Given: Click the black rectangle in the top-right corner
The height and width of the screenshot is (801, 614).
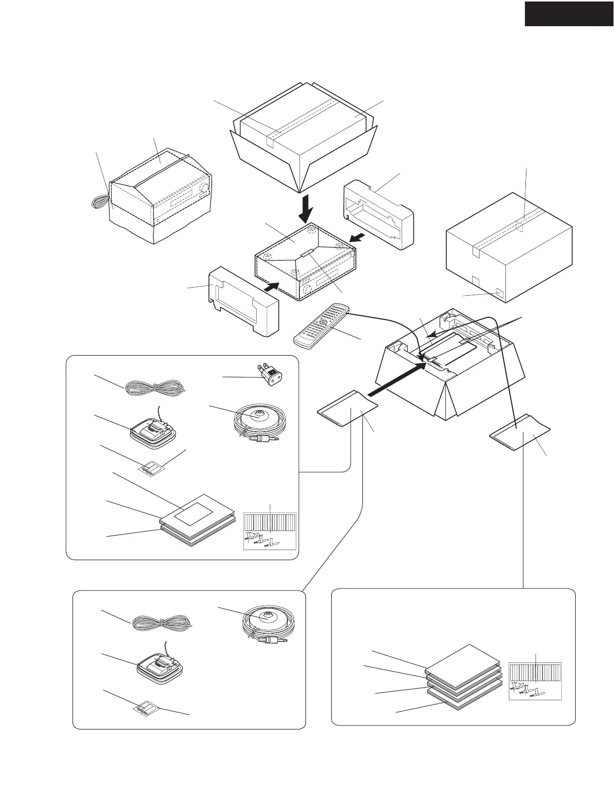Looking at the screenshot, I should coord(569,14).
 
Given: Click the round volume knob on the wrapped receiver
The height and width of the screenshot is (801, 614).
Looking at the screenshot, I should coord(203,189).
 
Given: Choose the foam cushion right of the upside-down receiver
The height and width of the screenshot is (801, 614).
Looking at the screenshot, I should coord(378,217).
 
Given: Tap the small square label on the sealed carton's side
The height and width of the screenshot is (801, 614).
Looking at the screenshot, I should coord(500,292).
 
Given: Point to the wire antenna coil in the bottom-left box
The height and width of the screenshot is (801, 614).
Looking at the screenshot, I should coord(162,624).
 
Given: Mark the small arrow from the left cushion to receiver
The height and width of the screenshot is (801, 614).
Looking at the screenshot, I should coord(271,288).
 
